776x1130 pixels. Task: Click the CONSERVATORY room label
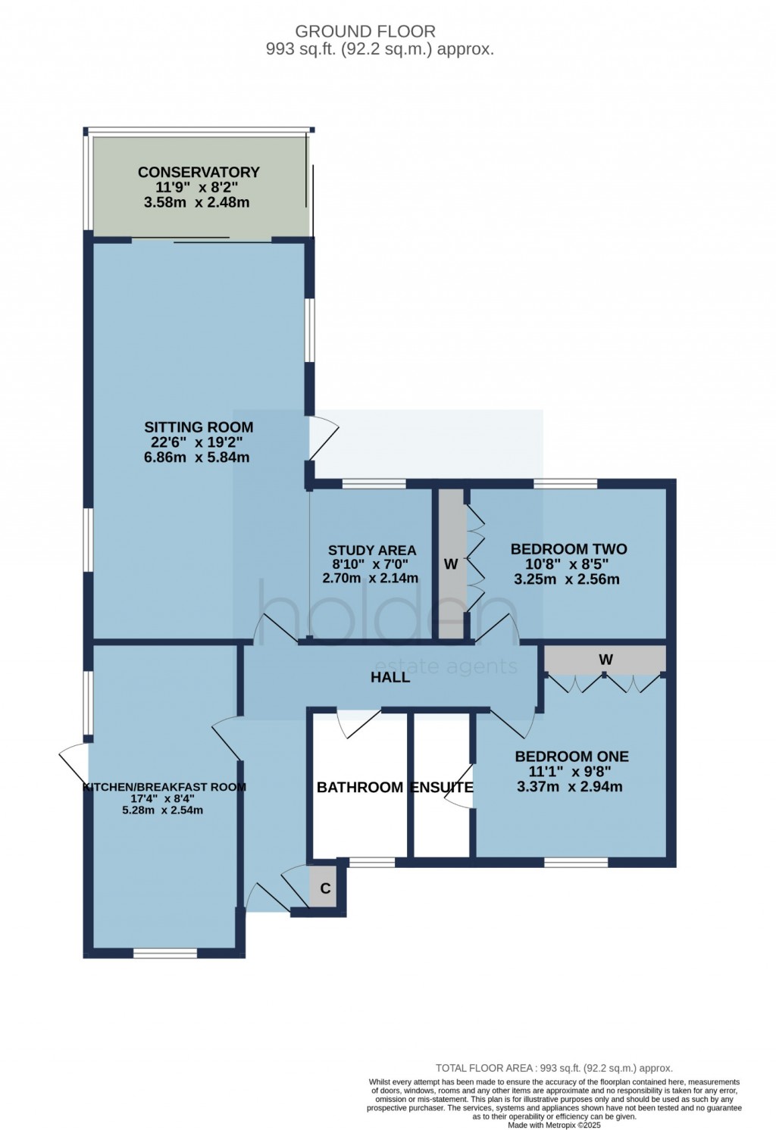click(198, 172)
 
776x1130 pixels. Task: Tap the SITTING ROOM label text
click(199, 427)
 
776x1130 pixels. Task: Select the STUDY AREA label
click(371, 551)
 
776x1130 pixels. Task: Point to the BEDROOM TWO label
click(568, 549)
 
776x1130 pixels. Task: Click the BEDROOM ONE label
click(571, 756)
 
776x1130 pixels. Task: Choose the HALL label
click(390, 677)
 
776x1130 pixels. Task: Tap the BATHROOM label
click(359, 788)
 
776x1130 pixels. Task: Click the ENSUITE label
click(441, 788)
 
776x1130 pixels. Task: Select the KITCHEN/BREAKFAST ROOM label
click(164, 787)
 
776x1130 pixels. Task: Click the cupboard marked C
click(325, 888)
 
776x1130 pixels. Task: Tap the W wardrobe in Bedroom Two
click(451, 564)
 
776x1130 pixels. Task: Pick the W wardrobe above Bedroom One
click(605, 660)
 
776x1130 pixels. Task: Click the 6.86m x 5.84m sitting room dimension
click(196, 457)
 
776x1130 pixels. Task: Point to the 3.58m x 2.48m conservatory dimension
click(196, 202)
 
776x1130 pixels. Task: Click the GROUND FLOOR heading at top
click(365, 32)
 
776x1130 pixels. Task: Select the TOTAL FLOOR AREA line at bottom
click(554, 1068)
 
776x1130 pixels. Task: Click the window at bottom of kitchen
click(165, 953)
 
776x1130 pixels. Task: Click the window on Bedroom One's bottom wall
click(576, 862)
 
